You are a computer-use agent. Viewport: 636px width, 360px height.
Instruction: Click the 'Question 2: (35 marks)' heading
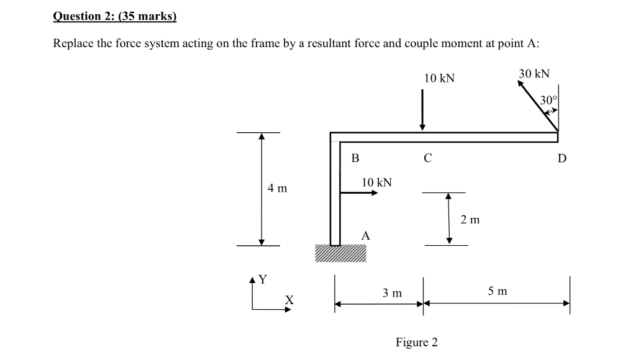115,16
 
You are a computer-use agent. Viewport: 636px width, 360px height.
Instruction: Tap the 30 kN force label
534,74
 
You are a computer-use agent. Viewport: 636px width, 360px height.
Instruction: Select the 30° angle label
549,100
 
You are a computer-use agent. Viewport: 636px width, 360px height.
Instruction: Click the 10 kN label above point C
439,78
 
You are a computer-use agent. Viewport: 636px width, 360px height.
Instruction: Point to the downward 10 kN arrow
422,110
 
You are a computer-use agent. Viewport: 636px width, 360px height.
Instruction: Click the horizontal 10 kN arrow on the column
359,192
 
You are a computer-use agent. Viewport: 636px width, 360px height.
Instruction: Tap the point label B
355,158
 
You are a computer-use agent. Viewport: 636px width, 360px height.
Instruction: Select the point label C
427,158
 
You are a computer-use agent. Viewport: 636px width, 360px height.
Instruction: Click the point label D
561,158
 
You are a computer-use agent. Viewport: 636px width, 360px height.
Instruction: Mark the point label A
366,235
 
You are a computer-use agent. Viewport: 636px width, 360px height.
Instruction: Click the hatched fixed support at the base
340,253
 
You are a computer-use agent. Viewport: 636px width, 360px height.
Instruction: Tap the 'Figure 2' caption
416,342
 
